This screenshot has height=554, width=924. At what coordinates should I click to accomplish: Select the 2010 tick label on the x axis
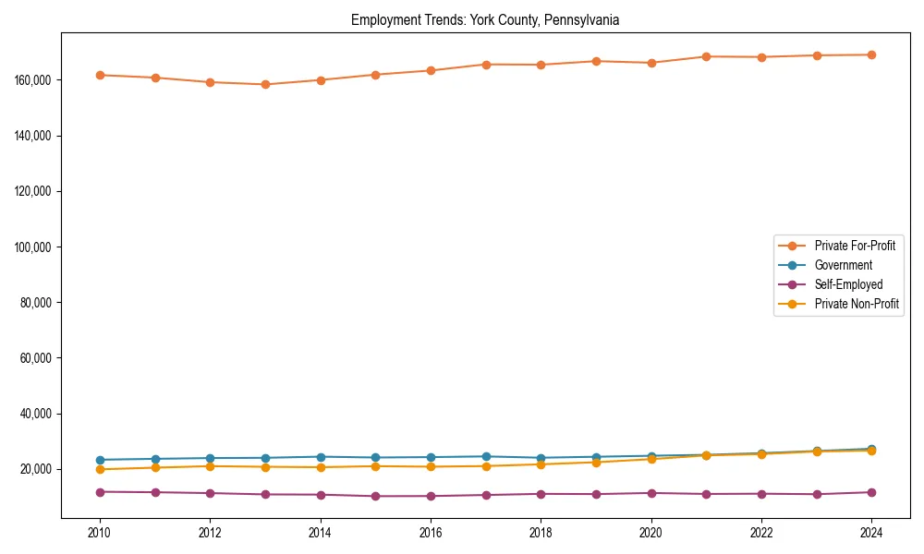[x=100, y=533]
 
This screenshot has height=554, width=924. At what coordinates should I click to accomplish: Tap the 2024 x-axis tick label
[x=871, y=533]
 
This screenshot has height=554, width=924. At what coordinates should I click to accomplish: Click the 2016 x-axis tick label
[x=431, y=533]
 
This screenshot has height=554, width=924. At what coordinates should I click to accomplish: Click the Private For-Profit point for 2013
[x=265, y=84]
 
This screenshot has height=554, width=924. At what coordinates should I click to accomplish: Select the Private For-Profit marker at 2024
[x=871, y=54]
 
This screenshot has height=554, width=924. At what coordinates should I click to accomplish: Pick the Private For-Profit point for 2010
[x=100, y=75]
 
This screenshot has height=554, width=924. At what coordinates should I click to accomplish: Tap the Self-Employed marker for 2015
[x=375, y=496]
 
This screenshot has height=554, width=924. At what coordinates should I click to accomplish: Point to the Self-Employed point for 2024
[x=871, y=492]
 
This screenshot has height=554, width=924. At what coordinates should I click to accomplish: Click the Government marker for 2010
[x=100, y=460]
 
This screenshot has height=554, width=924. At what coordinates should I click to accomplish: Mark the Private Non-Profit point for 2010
[x=100, y=469]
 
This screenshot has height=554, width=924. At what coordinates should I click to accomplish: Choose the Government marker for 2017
[x=486, y=456]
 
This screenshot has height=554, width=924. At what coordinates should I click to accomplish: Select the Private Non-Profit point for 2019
[x=596, y=463]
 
